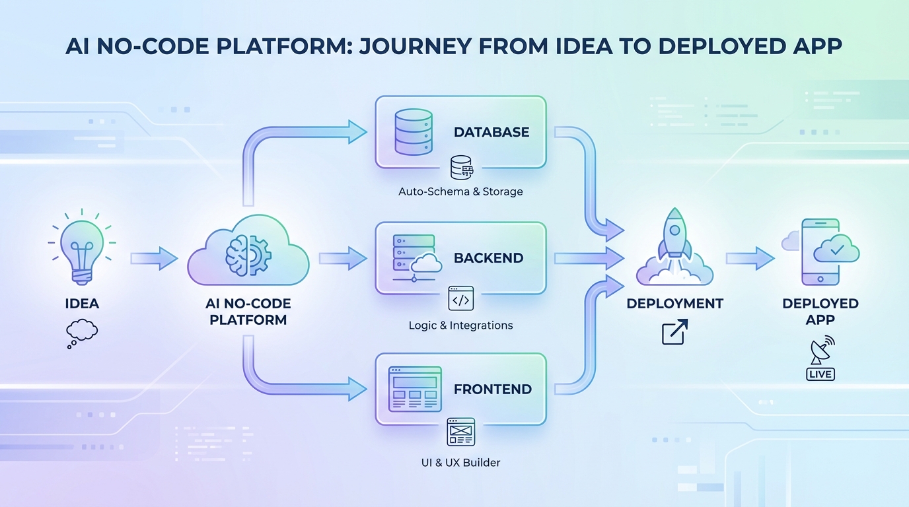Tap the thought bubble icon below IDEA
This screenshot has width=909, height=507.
click(x=82, y=332)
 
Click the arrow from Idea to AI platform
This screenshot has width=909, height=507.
click(x=153, y=258)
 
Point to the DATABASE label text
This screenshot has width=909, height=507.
click(x=491, y=132)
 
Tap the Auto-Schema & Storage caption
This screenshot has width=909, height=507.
click(x=460, y=191)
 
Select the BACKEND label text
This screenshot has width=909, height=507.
click(x=488, y=258)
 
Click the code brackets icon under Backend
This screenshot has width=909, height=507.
click(x=460, y=298)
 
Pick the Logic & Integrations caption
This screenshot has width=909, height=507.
click(x=460, y=325)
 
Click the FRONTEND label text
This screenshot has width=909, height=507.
click(x=492, y=389)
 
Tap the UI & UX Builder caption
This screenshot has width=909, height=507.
click(x=460, y=462)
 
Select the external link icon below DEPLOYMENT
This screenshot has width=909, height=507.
click(x=674, y=331)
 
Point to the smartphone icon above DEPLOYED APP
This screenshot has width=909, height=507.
click(x=820, y=252)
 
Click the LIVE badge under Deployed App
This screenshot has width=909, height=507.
click(x=820, y=374)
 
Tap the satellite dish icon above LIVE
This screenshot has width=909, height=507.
click(x=820, y=351)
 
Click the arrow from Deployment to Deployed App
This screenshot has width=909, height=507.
click(x=750, y=258)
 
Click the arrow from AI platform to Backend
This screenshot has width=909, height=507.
click(x=342, y=258)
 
